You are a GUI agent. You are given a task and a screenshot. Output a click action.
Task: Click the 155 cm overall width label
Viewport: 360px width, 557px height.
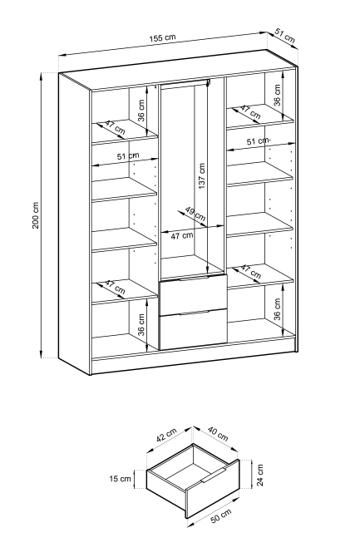click(162, 37)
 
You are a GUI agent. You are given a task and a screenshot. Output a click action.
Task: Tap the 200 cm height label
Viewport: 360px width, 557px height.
click(36, 215)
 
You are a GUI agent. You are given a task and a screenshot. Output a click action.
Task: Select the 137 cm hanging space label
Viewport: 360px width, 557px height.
click(201, 176)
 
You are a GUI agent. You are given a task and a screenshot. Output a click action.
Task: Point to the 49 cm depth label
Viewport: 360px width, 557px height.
click(195, 214)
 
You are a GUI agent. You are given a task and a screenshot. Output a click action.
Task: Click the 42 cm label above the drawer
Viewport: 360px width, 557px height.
click(166, 435)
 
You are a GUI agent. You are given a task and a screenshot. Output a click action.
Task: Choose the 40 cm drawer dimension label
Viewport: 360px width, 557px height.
click(218, 433)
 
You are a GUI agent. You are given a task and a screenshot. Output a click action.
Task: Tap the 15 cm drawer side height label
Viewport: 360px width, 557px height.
click(120, 479)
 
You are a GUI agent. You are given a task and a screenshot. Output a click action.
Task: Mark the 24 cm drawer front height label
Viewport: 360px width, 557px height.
click(259, 475)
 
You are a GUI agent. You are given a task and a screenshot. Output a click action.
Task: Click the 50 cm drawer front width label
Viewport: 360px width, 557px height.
click(221, 515)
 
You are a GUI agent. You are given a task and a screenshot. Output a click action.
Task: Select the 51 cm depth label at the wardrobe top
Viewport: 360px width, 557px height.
click(285, 35)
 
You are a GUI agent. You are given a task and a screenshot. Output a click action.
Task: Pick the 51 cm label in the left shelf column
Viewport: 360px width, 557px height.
click(128, 156)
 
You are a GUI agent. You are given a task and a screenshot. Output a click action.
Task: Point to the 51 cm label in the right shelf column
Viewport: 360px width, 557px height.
click(259, 141)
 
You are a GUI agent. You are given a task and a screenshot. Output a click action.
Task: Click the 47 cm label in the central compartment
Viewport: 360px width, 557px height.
click(181, 235)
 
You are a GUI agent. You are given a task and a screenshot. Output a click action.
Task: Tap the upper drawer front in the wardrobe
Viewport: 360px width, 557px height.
click(194, 294)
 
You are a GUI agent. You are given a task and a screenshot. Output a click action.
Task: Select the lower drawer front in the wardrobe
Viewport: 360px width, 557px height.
click(194, 329)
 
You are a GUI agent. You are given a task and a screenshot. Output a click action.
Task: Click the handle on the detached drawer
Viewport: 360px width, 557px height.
click(214, 476)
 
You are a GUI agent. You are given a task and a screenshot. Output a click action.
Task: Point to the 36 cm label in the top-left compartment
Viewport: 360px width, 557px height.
click(141, 111)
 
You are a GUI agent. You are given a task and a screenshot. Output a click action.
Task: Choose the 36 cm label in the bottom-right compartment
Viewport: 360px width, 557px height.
click(277, 308)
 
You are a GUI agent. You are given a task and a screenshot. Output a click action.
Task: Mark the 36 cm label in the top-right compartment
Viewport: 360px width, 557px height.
click(277, 95)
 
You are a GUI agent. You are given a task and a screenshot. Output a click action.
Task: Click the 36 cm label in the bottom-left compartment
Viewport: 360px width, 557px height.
click(141, 325)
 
